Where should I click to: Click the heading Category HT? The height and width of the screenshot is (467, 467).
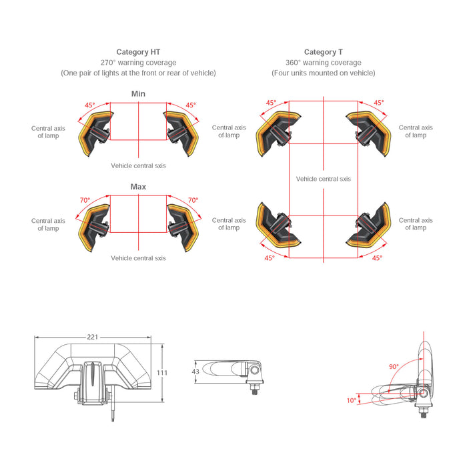(x=138, y=52)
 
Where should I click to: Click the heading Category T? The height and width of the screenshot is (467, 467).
(x=324, y=52)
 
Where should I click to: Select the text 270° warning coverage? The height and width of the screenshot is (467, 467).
(x=139, y=63)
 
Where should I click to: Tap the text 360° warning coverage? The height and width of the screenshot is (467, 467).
(x=324, y=63)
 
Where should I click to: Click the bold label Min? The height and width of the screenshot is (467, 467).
(x=138, y=94)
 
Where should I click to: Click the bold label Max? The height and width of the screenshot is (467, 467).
(x=138, y=187)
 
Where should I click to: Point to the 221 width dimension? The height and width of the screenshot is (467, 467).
(x=93, y=337)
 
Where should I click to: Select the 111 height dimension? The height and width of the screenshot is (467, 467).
(x=162, y=372)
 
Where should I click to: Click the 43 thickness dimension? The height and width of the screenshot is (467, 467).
(x=195, y=372)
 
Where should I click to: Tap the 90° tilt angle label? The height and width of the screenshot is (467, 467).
(x=394, y=367)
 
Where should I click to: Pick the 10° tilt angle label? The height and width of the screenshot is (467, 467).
(x=352, y=400)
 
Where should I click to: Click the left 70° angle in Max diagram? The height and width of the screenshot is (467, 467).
(x=85, y=200)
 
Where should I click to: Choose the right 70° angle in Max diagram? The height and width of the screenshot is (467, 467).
(x=193, y=200)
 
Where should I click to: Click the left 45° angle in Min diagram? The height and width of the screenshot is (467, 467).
(x=90, y=105)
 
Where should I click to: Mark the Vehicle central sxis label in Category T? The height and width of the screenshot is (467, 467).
(x=324, y=179)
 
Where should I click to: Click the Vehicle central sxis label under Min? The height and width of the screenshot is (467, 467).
(x=138, y=166)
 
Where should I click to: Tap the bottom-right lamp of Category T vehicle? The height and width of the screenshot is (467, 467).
(x=369, y=225)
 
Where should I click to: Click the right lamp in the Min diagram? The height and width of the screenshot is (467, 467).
(x=181, y=133)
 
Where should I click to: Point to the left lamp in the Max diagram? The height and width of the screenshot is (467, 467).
(x=95, y=227)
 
